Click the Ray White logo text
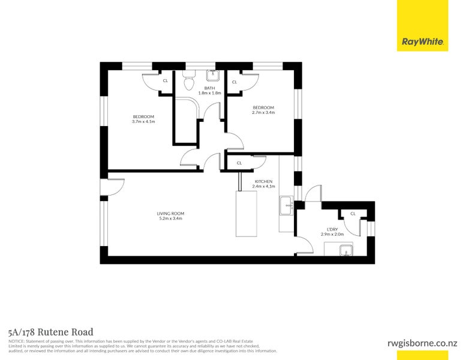tap(423, 42)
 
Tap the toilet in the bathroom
tap(188, 80)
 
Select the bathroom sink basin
tap(213, 76)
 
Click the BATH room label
tap(209, 88)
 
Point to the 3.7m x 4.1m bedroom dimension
tap(143, 122)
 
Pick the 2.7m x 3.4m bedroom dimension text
tap(263, 113)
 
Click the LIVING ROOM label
tap(170, 214)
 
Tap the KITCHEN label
tap(264, 181)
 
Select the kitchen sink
tap(287, 205)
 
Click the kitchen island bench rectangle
tap(246, 214)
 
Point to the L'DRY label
tap(332, 229)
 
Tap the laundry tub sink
tap(346, 250)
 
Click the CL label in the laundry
tap(353, 214)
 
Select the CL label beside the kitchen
tap(239, 163)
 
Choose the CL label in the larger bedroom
tap(166, 80)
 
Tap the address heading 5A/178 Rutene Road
tap(51, 332)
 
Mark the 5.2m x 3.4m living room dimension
tap(170, 218)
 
